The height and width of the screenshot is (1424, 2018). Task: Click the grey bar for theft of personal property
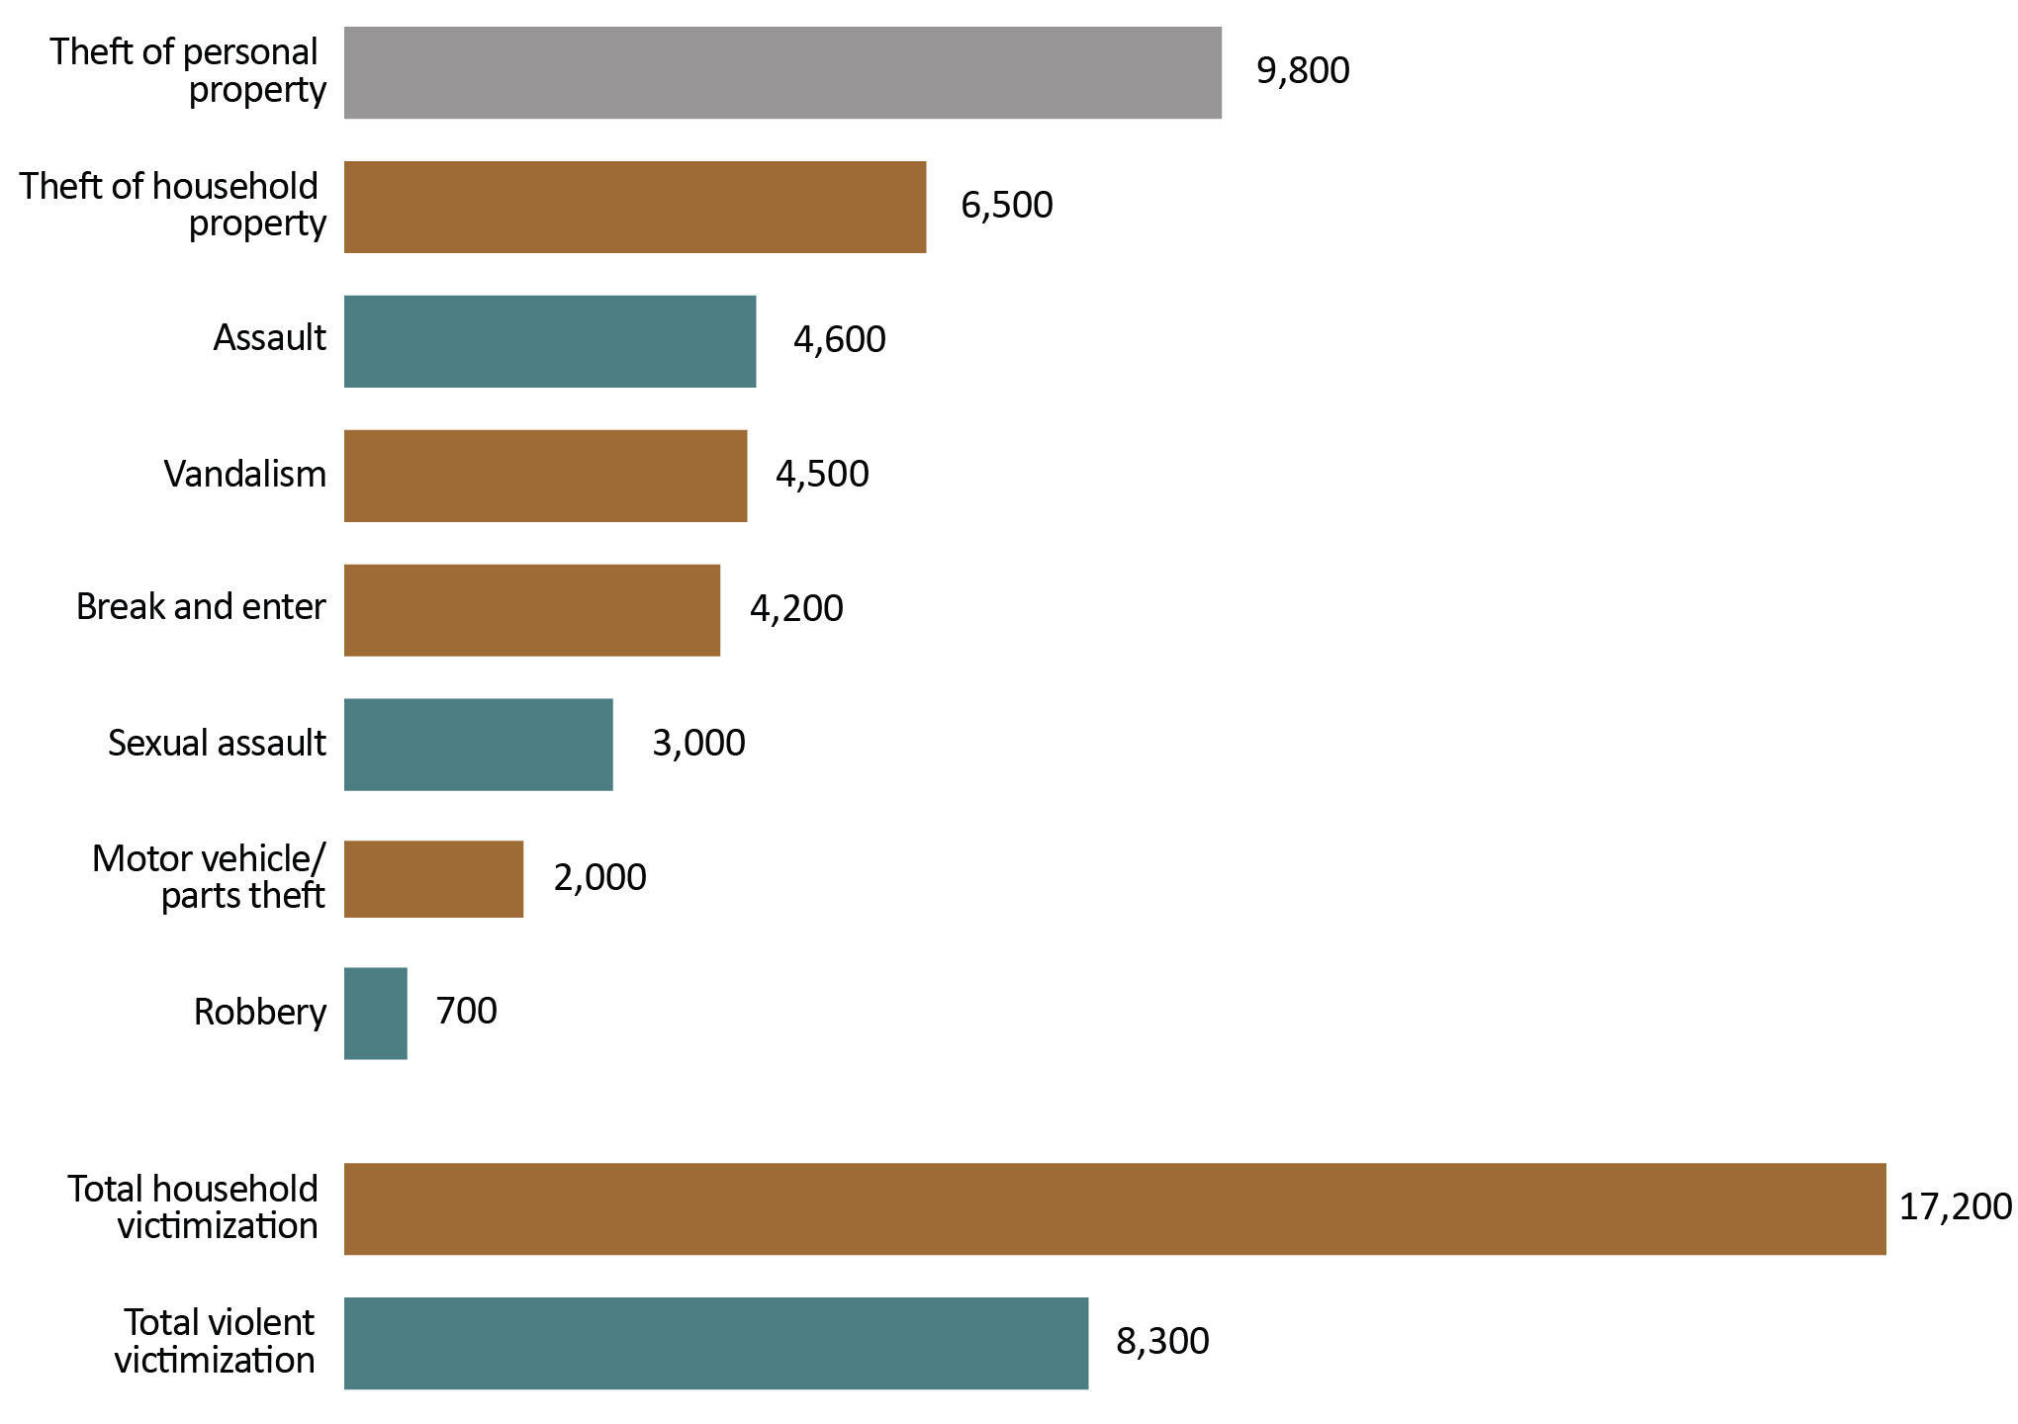[x=782, y=72]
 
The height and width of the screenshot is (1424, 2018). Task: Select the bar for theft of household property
[x=635, y=207]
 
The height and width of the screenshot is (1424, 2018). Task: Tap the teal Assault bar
[x=550, y=341]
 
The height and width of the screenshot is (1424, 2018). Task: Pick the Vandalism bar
[x=545, y=476]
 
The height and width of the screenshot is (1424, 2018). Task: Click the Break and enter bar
[x=532, y=610]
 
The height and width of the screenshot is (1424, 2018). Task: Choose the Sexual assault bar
[x=479, y=745]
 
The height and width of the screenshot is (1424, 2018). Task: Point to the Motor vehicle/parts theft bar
[x=433, y=879]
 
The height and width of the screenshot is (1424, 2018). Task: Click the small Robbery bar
[x=376, y=1014]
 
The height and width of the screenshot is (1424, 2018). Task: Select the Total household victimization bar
[x=1115, y=1208]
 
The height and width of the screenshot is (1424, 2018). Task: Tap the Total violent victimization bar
[x=716, y=1343]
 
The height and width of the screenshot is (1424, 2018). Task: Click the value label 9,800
[x=1303, y=71]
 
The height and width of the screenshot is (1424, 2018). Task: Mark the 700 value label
[x=466, y=1012]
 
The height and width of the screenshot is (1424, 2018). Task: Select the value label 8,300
[x=1162, y=1342]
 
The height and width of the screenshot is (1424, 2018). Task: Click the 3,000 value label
[x=698, y=744]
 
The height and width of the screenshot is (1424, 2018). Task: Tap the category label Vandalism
[x=245, y=475]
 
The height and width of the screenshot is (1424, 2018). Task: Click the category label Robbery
[x=260, y=1013]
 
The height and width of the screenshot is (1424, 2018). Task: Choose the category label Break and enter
[x=201, y=607]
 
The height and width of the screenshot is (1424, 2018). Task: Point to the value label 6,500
[x=1007, y=206]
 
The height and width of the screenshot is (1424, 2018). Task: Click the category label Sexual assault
[x=217, y=744]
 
